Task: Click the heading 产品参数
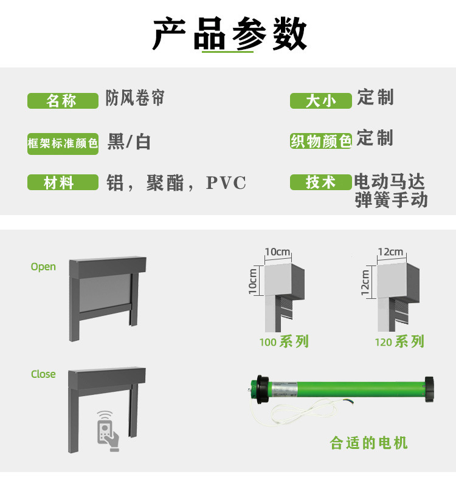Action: coord(230,34)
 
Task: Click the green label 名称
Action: coord(62,101)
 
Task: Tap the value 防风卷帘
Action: coord(135,98)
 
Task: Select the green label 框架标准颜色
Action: coord(63,143)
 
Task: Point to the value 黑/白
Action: coord(129,142)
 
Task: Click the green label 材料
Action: coord(62,182)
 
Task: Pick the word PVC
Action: coord(226,183)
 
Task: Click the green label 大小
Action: coord(321,101)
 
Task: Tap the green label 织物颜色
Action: coord(321,142)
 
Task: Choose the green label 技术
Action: coord(321,182)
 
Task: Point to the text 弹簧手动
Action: coord(391,200)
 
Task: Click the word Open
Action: coord(43,267)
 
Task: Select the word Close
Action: coord(43,374)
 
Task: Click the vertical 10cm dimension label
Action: coord(253,281)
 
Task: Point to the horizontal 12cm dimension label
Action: coord(390,252)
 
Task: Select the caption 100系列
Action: coord(284,341)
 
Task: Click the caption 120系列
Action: coord(399,341)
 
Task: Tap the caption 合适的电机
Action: coord(369,443)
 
